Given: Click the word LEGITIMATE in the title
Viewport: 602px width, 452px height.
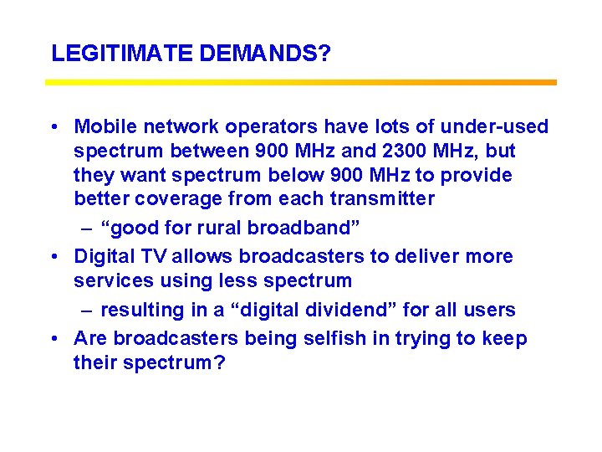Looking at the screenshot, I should point(123,54).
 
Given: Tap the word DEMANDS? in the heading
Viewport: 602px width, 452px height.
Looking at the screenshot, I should point(265,54).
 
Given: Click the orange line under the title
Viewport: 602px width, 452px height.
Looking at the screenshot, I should point(301,82).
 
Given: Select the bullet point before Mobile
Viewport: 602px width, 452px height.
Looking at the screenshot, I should point(54,127).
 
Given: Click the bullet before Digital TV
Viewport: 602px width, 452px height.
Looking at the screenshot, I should point(54,257).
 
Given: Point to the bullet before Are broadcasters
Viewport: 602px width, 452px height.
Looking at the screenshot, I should point(54,339).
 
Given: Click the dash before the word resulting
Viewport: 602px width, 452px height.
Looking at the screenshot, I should point(86,311).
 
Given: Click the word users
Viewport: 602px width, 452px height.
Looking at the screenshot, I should point(491,311).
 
